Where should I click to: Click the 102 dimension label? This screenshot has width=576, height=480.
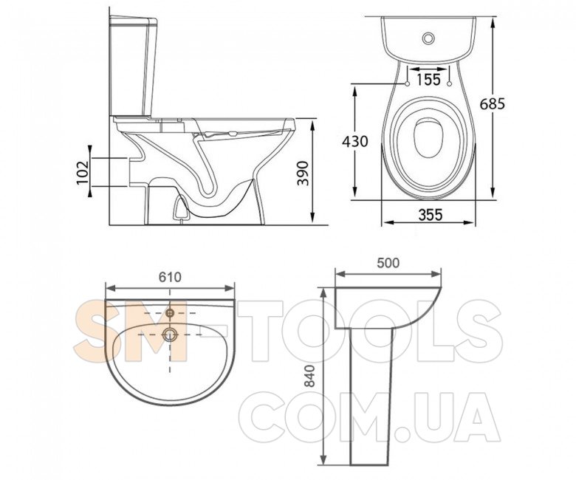[x=83, y=171]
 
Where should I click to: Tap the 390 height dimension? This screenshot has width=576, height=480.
[x=303, y=173]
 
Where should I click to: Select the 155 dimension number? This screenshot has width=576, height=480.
[x=428, y=79]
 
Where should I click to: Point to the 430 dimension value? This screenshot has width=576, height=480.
[x=355, y=141]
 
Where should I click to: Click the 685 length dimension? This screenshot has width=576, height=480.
[x=493, y=104]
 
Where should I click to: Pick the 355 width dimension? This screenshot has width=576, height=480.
[x=431, y=215]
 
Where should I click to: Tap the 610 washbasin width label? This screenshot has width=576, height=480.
[x=170, y=277]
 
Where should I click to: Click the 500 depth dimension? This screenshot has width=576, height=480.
[x=388, y=263]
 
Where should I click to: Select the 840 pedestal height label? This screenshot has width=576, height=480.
[x=310, y=376]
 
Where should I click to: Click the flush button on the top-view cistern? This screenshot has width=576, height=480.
[x=428, y=38]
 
